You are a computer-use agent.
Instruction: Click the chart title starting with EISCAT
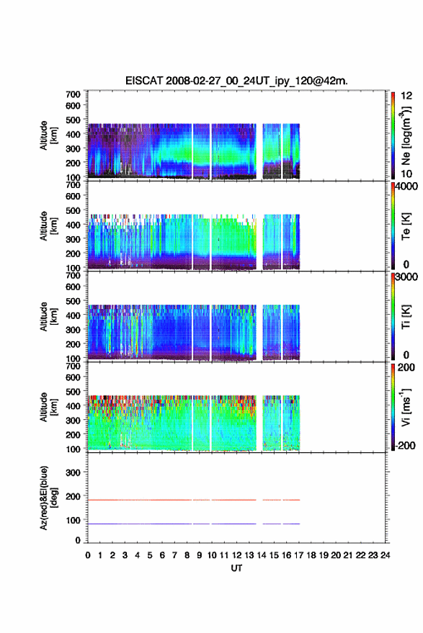pyautogui.click(x=236, y=81)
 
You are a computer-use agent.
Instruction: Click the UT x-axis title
pyautogui.click(x=236, y=568)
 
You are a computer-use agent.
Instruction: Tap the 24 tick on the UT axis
pyautogui.click(x=385, y=555)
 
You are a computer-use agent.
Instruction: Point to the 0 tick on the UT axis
pyautogui.click(x=88, y=555)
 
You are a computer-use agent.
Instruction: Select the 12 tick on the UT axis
pyautogui.click(x=237, y=555)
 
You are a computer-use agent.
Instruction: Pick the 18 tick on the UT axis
pyautogui.click(x=311, y=555)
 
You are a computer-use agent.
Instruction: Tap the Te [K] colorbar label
pyautogui.click(x=406, y=226)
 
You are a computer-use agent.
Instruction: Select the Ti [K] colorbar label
pyautogui.click(x=406, y=317)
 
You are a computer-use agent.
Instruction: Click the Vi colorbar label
pyautogui.click(x=406, y=407)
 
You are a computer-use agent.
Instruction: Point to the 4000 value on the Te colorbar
pyautogui.click(x=406, y=187)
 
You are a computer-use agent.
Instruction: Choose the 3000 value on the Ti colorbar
pyautogui.click(x=406, y=277)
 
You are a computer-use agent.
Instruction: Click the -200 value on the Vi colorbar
pyautogui.click(x=405, y=445)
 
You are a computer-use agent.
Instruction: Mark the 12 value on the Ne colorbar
pyautogui.click(x=406, y=96)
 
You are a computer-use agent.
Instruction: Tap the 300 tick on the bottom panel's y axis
pyautogui.click(x=73, y=472)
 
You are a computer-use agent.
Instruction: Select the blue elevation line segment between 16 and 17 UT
pyautogui.click(x=291, y=524)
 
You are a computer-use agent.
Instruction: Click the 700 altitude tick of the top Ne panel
pyautogui.click(x=73, y=94)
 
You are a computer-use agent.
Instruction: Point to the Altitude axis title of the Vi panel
pyautogui.click(x=48, y=407)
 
